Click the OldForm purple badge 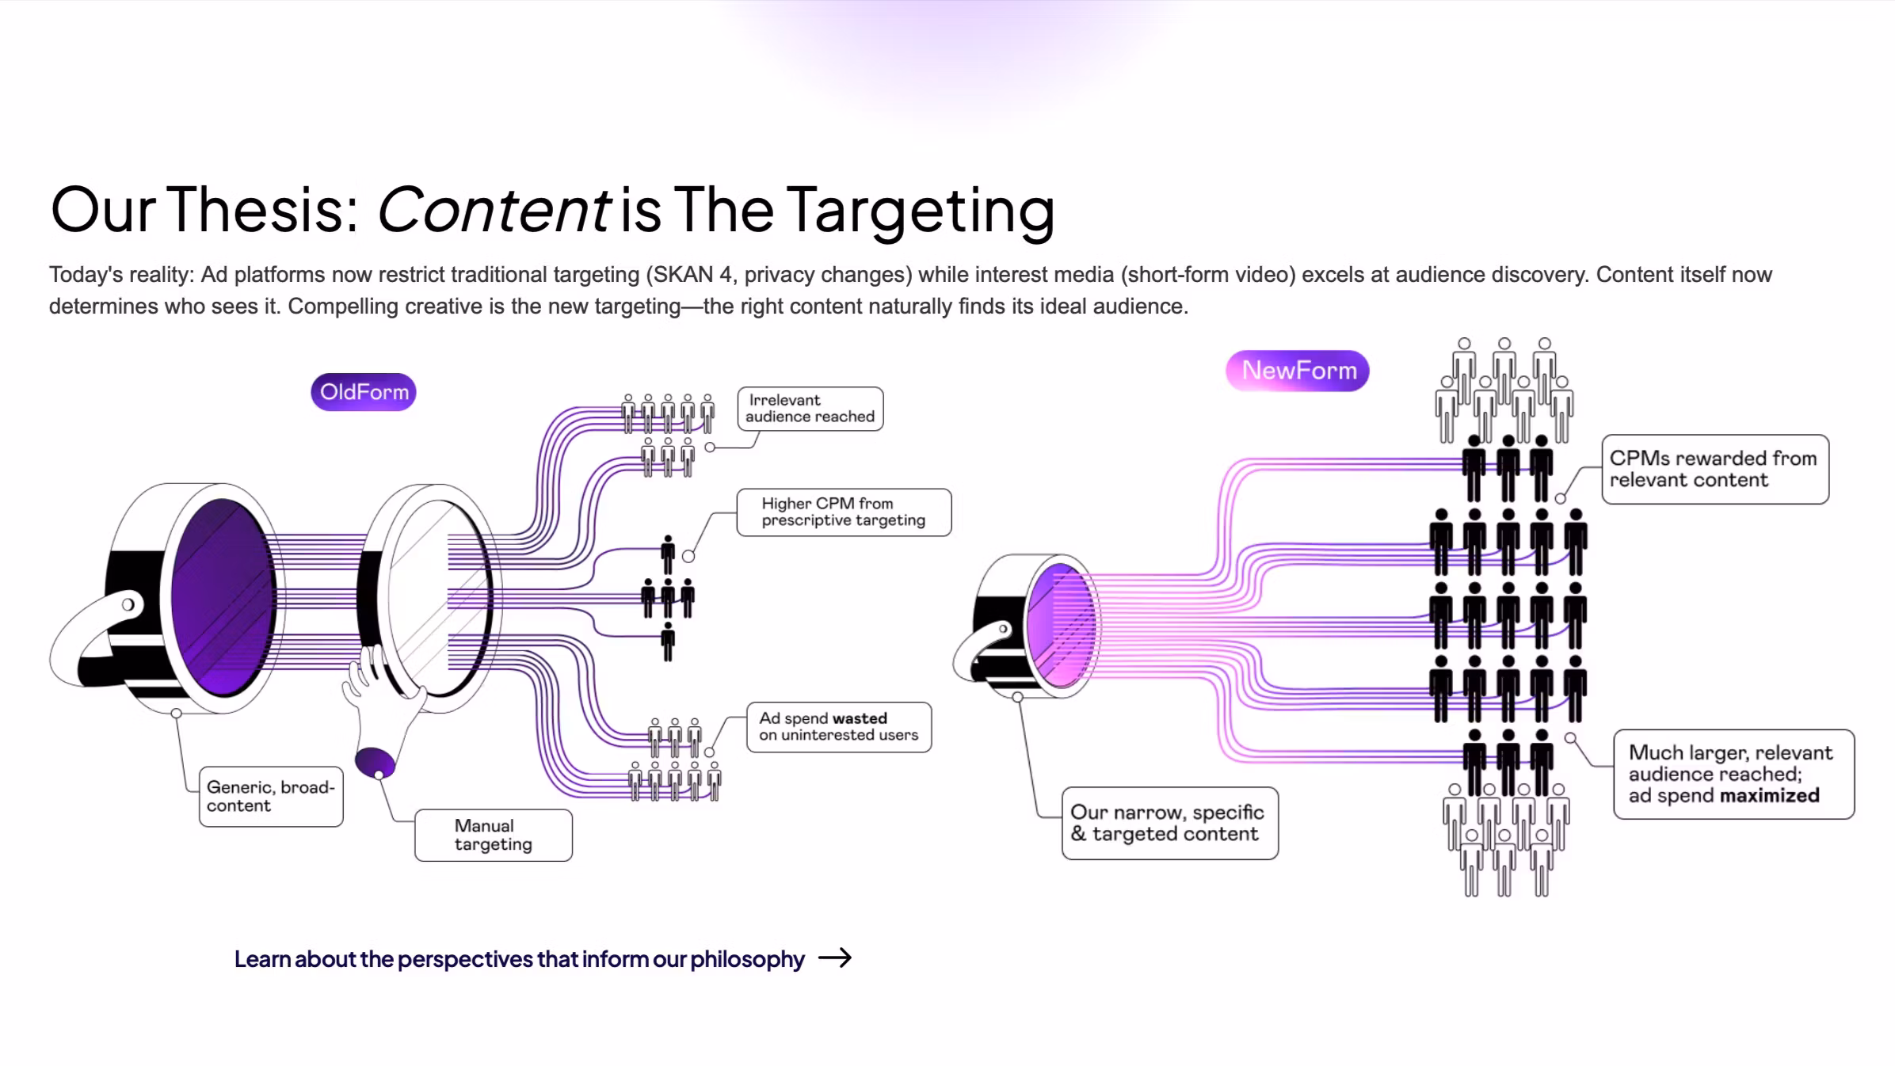(x=363, y=392)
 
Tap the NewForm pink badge (x=1298, y=371)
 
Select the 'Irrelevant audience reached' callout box (x=810, y=409)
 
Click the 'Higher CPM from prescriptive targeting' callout (x=844, y=512)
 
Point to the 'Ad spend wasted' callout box (x=839, y=727)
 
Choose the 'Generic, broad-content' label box (x=271, y=797)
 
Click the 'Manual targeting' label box (x=494, y=836)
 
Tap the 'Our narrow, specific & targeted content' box (x=1170, y=824)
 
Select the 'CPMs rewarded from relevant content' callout (x=1715, y=470)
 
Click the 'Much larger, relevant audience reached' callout (x=1734, y=775)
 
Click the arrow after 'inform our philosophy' (x=835, y=958)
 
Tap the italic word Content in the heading (x=494, y=210)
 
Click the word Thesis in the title (x=265, y=210)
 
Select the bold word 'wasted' (x=860, y=718)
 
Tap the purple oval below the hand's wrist (x=375, y=763)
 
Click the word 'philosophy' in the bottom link (x=747, y=959)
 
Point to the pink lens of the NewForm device (x=1060, y=626)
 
